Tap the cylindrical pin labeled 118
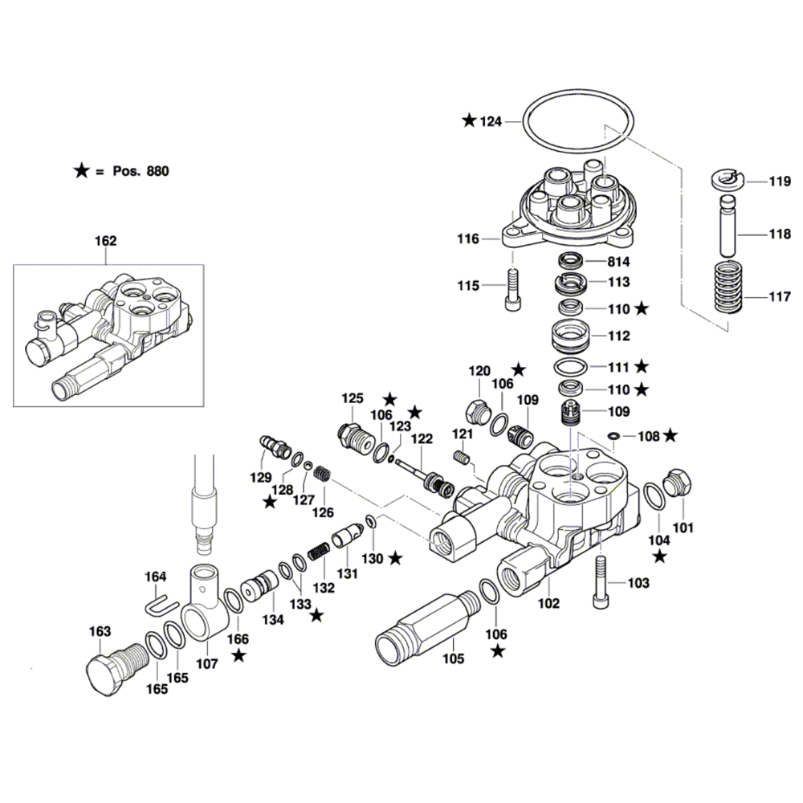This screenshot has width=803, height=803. [728, 226]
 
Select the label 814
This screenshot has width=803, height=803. [618, 262]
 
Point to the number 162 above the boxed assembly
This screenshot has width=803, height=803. [106, 240]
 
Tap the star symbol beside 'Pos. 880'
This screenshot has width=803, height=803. [81, 170]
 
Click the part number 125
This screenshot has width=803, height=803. [353, 397]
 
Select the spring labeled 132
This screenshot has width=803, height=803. [319, 553]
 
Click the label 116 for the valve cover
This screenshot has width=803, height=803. [468, 238]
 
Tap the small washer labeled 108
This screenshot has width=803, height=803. [613, 436]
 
